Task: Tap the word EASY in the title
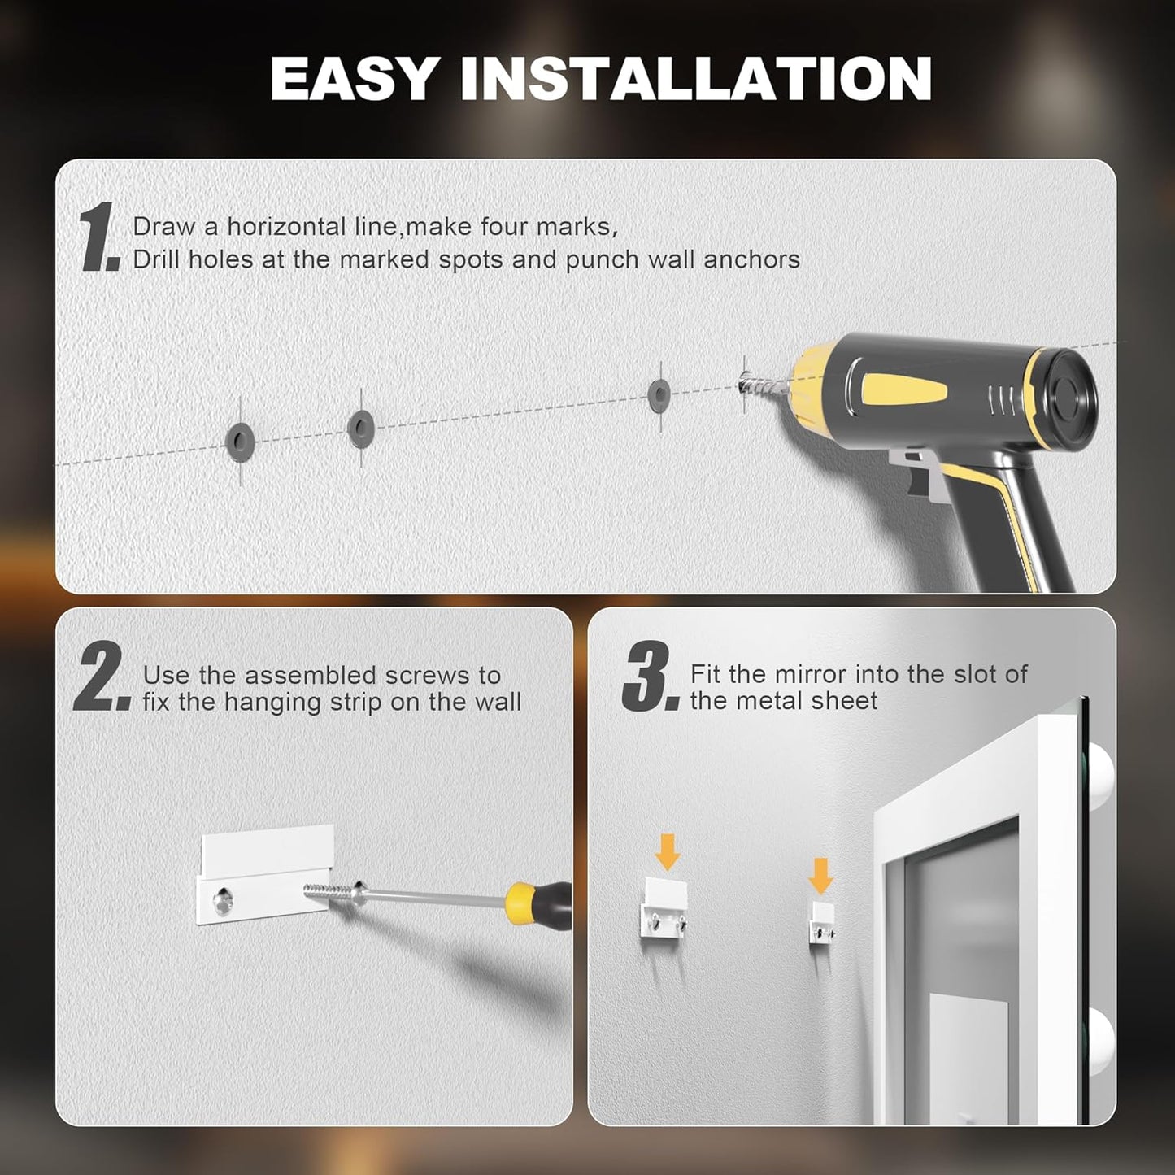(355, 79)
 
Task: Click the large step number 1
(99, 237)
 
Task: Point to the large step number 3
(649, 677)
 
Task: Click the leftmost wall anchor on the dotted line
(240, 442)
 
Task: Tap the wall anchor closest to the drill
(659, 396)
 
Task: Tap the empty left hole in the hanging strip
(222, 900)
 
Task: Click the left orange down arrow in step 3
(667, 851)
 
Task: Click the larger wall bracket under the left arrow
(665, 910)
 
